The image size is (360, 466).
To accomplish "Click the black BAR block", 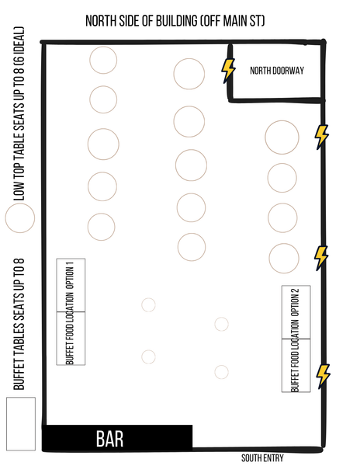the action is pos(117,438).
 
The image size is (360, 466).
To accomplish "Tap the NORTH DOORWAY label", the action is pos(277,71).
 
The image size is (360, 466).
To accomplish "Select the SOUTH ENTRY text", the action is pos(262,458).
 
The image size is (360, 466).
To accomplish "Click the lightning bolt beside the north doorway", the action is pos(228,71).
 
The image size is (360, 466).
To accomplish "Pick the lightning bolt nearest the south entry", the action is pos(324,376).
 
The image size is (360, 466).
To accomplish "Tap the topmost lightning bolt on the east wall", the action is pos(322,137).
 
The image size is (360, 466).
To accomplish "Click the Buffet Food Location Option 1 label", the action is pos(70,313).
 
